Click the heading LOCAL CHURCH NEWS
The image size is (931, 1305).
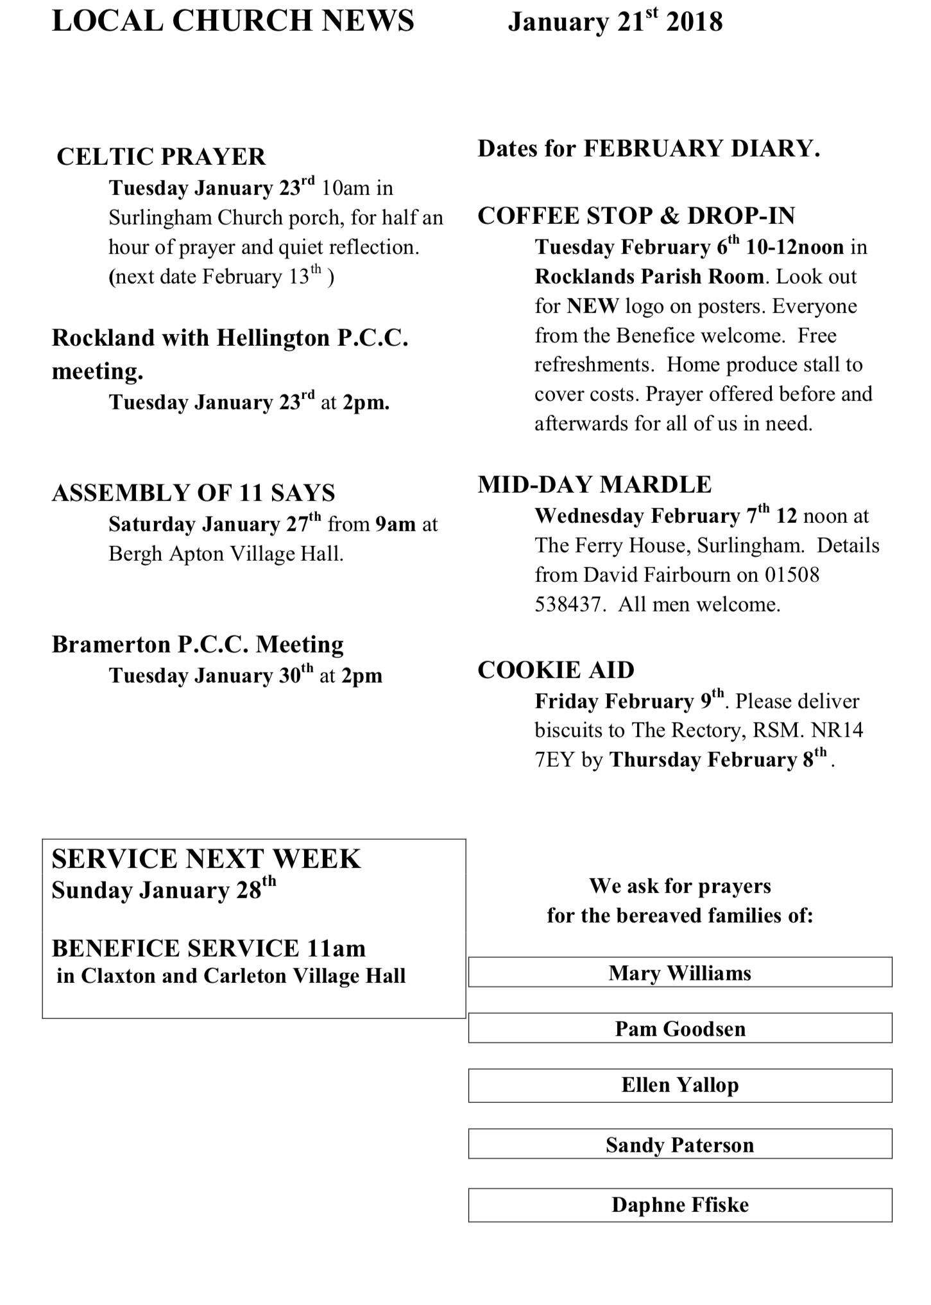233,21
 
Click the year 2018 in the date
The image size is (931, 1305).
694,22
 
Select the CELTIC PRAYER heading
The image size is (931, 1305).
161,157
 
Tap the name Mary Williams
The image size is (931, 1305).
679,973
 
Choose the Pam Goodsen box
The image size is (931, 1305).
679,1029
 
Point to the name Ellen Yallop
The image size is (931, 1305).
679,1085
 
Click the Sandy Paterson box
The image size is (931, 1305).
679,1145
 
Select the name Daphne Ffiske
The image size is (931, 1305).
679,1205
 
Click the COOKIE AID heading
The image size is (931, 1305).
556,670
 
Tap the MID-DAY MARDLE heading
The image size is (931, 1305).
595,484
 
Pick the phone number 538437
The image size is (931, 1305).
568,604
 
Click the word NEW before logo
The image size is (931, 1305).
593,306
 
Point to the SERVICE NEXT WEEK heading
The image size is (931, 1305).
206,859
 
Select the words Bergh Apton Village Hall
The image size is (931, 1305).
226,554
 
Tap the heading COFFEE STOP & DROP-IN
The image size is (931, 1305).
636,216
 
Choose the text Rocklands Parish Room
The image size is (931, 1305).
649,277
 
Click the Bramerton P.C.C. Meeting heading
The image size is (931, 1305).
198,644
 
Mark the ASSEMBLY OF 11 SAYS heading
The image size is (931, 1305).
193,493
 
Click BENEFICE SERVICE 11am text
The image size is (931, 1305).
209,948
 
